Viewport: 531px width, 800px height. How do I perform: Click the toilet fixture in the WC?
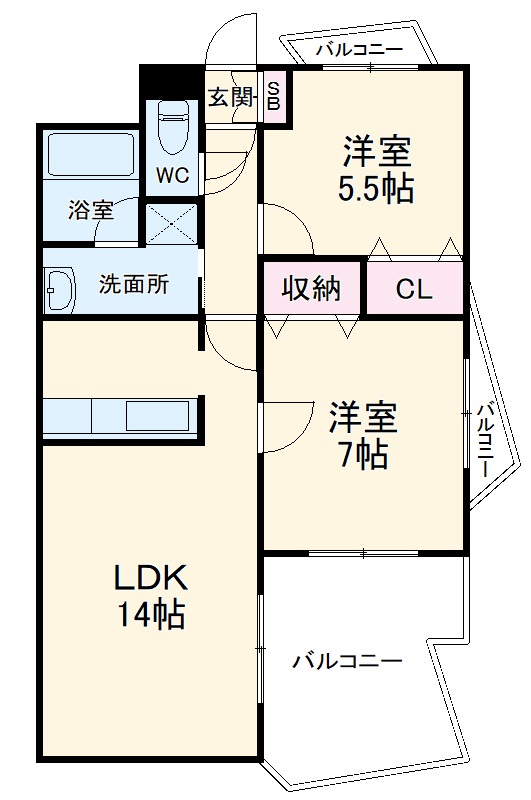click(174, 125)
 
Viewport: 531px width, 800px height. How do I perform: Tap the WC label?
click(171, 175)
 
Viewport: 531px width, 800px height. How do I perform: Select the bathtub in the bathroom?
click(91, 156)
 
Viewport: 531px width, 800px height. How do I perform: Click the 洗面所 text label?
click(133, 284)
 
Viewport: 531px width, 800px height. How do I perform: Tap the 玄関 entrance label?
click(230, 97)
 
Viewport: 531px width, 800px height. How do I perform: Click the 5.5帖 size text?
click(377, 189)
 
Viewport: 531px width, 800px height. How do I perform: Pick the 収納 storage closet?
click(310, 289)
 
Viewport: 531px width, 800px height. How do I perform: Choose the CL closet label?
click(413, 290)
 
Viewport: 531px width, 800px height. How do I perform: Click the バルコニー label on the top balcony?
click(359, 48)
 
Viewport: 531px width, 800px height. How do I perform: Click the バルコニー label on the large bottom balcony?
click(347, 661)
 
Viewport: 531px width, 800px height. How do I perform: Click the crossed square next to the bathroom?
click(171, 224)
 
